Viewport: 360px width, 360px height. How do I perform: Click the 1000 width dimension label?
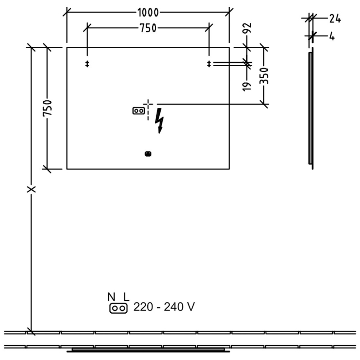148,13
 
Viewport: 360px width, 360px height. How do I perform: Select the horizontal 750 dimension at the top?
148,28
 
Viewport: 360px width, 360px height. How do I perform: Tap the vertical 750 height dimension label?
48,108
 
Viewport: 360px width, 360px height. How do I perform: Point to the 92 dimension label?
247,28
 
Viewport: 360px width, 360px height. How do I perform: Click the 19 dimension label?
247,86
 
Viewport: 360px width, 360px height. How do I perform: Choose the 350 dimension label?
264,76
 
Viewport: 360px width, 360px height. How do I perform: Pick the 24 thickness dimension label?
335,18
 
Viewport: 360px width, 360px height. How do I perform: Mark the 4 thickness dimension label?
332,36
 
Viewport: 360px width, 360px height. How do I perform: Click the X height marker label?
31,189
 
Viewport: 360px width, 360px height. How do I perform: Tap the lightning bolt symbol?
159,121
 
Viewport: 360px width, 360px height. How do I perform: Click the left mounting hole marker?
87,64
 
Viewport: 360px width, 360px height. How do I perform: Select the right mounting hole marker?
209,64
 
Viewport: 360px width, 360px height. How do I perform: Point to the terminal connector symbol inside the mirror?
139,111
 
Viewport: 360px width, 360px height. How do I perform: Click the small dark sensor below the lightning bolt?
148,154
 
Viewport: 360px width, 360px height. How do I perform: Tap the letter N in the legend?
111,297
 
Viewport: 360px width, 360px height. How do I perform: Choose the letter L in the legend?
126,297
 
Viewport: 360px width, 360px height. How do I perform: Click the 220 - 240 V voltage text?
164,307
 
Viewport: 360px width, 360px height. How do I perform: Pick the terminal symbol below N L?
118,308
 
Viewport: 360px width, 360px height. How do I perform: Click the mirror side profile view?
311,108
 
